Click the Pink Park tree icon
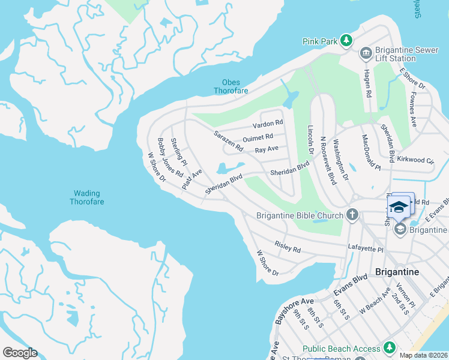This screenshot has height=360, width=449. coord(346,41)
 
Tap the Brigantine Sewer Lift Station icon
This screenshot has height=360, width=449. coord(366,54)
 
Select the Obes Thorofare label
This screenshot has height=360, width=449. coord(231,86)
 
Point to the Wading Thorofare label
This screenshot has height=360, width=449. coord(89,197)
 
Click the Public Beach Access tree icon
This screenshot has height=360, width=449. coord(389,348)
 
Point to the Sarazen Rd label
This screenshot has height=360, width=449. coord(229,140)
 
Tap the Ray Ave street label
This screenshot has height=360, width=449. coord(267,149)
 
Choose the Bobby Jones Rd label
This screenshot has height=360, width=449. coord(170,157)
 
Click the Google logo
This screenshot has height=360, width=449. coord(20,353)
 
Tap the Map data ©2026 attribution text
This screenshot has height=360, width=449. coord(423,355)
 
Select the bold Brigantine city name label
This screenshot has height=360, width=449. coord(397,271)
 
